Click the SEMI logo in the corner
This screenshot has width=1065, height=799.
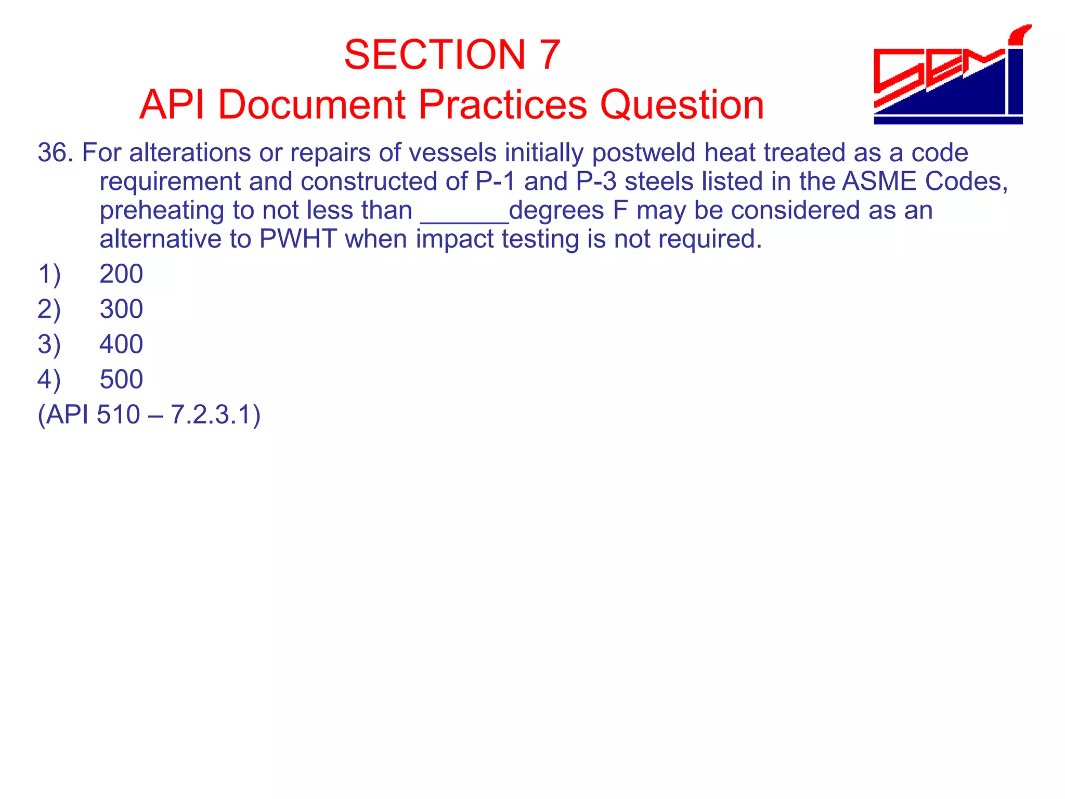point(950,75)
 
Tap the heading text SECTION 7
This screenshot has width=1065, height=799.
point(452,55)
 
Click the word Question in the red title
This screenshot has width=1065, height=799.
point(682,105)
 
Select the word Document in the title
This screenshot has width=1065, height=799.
point(311,105)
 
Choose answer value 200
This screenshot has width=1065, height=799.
point(121,274)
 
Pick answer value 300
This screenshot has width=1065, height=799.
point(121,309)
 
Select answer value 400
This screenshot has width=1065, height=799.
point(121,344)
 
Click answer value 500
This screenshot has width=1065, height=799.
point(121,379)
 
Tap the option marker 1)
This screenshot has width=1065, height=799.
point(49,274)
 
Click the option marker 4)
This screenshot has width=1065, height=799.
point(49,379)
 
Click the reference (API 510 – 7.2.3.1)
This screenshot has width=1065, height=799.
point(149,415)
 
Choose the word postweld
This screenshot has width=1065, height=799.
point(643,153)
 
